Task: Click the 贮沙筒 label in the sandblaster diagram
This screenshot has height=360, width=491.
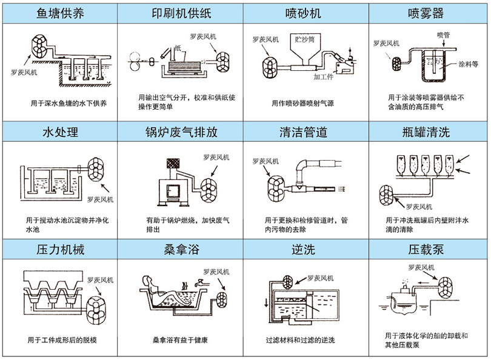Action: (x=304, y=38)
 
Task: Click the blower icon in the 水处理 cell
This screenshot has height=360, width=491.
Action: (x=98, y=169)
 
